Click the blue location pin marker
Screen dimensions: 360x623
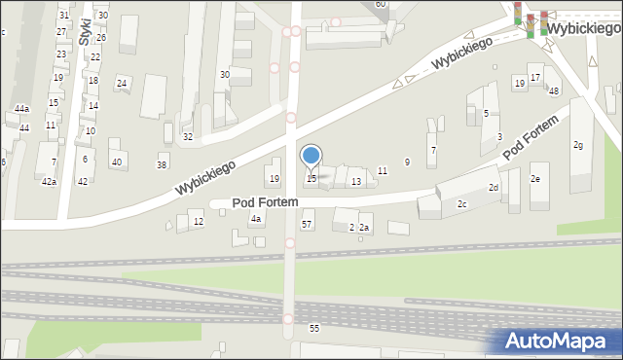311,156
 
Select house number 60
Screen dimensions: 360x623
381,4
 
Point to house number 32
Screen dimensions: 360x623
188,137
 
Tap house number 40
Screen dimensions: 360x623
117,162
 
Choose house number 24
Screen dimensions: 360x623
122,83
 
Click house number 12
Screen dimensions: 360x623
199,222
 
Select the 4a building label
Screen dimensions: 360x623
256,220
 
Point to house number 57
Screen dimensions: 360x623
307,225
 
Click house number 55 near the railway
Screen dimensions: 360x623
314,328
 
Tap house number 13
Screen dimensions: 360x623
356,182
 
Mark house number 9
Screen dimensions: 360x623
407,162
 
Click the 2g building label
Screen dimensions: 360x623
578,145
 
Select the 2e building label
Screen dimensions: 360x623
534,180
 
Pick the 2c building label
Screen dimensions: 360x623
462,203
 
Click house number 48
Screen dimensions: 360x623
554,90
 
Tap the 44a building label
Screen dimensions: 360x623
21,108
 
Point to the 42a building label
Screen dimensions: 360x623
49,182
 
